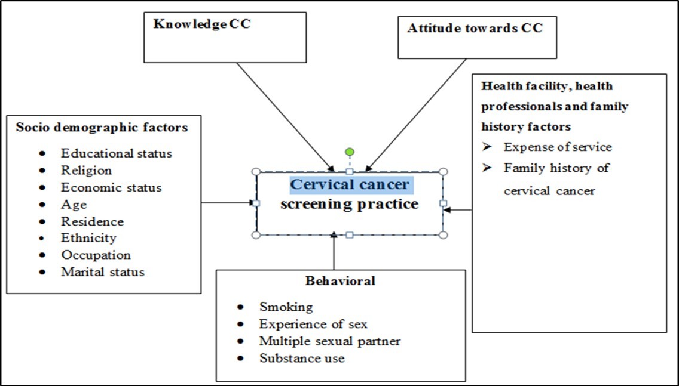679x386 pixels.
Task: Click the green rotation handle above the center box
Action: click(x=350, y=152)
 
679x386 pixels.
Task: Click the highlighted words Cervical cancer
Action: click(x=350, y=184)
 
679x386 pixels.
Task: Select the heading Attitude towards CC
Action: click(x=475, y=28)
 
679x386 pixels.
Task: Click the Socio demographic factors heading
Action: click(x=102, y=127)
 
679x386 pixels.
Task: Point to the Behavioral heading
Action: click(x=340, y=280)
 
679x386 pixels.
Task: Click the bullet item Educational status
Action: click(x=117, y=153)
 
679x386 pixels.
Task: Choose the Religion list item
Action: click(x=86, y=170)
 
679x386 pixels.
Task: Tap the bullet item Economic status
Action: click(x=111, y=187)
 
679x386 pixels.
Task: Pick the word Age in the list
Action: click(x=74, y=204)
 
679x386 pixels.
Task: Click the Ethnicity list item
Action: click(x=88, y=237)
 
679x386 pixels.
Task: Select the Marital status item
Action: click(x=103, y=271)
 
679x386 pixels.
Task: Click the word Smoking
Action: click(x=286, y=307)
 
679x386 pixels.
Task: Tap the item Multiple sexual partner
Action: click(x=330, y=341)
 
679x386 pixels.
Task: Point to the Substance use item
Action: click(x=302, y=359)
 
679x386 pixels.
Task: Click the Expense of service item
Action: click(x=558, y=147)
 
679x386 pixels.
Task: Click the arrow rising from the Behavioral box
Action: click(x=334, y=253)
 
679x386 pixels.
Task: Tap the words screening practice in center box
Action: click(x=350, y=204)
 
